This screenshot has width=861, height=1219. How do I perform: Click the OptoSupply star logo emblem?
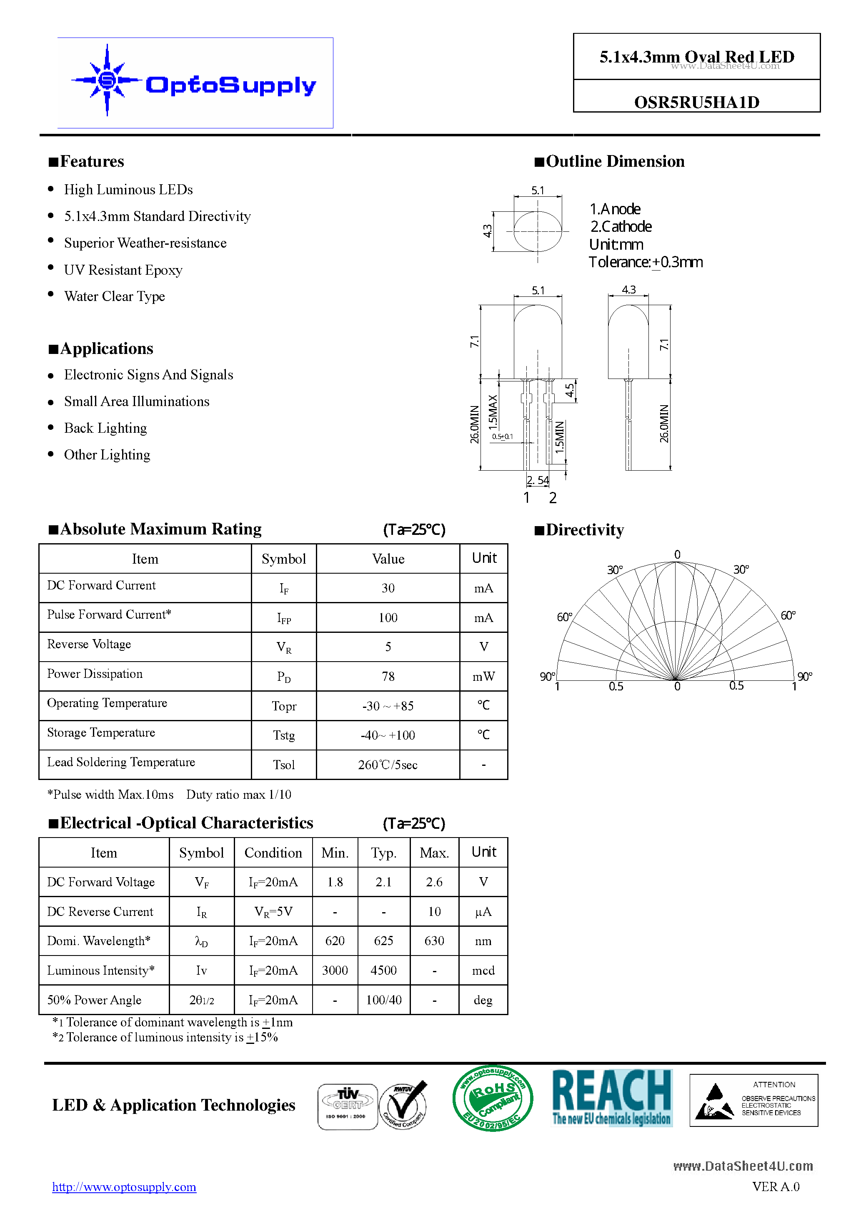[x=107, y=80]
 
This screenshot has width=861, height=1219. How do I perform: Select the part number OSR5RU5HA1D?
[x=696, y=102]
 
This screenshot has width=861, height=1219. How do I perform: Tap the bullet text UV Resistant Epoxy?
[x=123, y=270]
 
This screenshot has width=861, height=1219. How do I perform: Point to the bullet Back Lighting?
[x=105, y=428]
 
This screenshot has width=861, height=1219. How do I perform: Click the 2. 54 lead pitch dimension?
[x=538, y=480]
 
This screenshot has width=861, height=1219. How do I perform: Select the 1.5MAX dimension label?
[x=493, y=412]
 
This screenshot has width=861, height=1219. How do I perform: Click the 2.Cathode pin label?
[x=621, y=227]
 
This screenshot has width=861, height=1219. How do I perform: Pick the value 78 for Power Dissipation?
[x=388, y=676]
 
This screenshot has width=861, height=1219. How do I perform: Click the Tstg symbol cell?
[x=283, y=735]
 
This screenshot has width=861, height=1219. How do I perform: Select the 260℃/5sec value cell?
[x=388, y=765]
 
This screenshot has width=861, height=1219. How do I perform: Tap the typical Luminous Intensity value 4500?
[x=383, y=971]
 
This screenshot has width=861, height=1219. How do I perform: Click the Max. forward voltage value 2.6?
[x=434, y=882]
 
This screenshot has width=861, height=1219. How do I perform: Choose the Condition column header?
[x=273, y=853]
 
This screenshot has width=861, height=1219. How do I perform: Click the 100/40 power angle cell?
[x=383, y=1000]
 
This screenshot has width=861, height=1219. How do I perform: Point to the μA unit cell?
[x=483, y=912]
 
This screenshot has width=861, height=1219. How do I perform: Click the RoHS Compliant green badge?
[x=493, y=1098]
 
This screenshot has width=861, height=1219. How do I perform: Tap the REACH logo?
[x=612, y=1097]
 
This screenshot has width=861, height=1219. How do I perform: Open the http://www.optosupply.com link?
[x=124, y=1186]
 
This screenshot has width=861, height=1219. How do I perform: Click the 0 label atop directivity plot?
[x=677, y=554]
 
